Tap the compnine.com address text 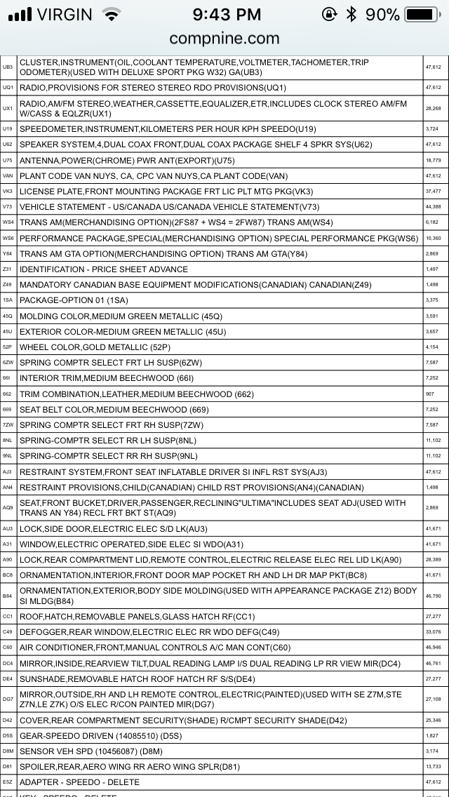[224, 38]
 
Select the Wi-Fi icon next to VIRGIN [111, 14]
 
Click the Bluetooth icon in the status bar [351, 14]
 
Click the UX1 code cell [8, 108]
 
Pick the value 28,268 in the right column [433, 108]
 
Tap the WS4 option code [8, 222]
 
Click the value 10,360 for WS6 [433, 238]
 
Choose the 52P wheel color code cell [8, 347]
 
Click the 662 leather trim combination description [136, 394]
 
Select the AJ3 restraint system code [8, 471]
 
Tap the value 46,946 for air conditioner [433, 647]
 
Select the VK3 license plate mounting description [156, 192]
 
